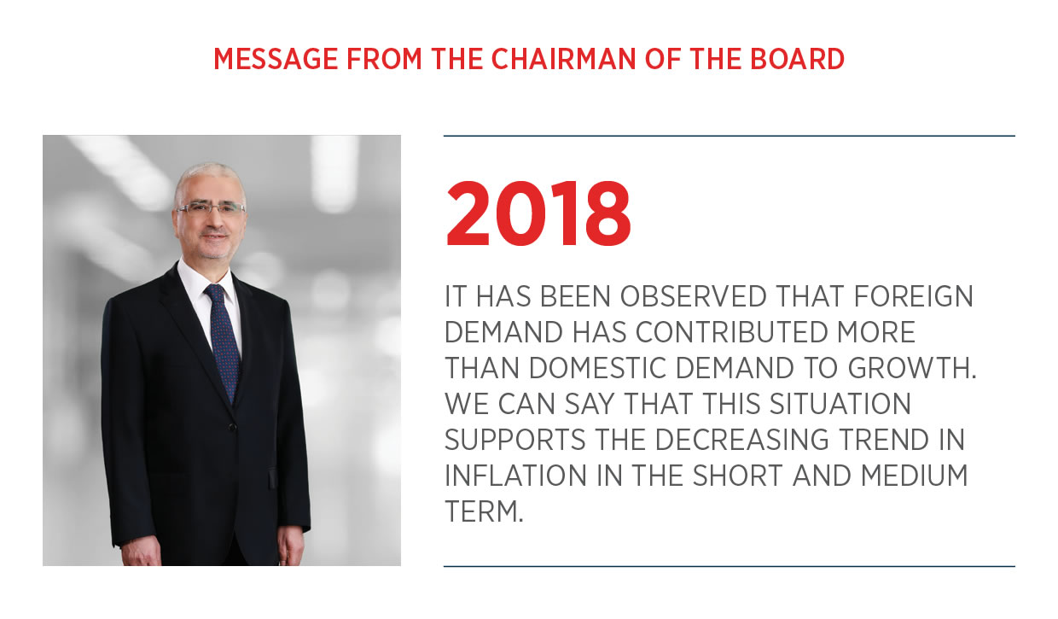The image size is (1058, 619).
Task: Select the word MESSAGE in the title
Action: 276,59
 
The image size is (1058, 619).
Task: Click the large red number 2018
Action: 538,213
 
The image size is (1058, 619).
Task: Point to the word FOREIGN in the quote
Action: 914,296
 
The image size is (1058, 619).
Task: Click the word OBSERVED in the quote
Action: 693,296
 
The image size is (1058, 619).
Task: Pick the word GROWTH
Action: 912,368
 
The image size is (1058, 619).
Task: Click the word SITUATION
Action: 840,404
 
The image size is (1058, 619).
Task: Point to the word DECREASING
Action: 741,440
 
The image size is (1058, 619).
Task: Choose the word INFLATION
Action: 515,476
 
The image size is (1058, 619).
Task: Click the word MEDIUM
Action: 915,476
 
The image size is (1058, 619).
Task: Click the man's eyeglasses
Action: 211,208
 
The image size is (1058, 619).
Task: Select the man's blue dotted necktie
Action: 223,342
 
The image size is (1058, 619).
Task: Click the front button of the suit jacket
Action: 232,427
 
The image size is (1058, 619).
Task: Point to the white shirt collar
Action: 206,281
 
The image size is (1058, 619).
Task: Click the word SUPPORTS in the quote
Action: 514,440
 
